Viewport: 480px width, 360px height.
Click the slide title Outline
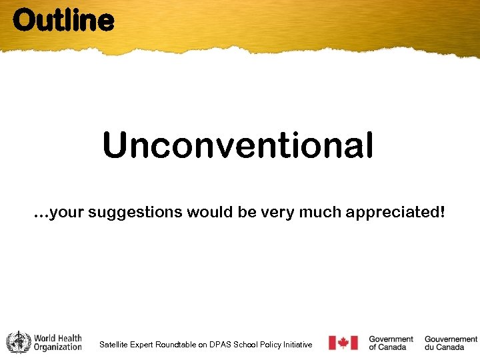click(63, 20)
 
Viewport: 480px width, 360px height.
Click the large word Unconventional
click(238, 145)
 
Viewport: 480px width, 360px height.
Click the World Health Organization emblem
click(19, 343)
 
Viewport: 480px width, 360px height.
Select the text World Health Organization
click(58, 343)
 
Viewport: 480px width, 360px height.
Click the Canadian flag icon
click(343, 343)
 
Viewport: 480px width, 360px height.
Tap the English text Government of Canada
click(391, 343)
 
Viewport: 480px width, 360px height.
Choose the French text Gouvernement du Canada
click(451, 343)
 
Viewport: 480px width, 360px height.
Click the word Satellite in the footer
click(114, 345)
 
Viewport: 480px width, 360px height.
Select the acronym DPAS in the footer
click(220, 345)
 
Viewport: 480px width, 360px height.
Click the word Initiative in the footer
click(297, 345)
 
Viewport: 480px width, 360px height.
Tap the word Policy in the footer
click(268, 345)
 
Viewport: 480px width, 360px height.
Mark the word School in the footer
click(244, 345)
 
